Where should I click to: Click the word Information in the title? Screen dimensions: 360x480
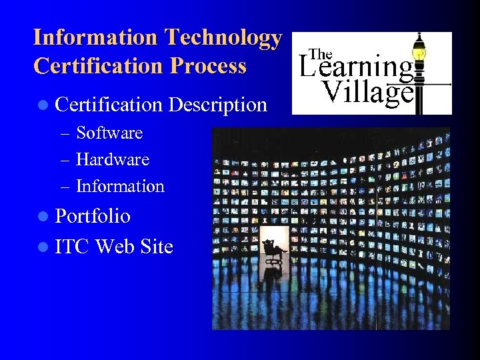[95, 38]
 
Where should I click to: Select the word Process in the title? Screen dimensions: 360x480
[208, 66]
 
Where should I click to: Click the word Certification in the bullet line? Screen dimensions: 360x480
[109, 105]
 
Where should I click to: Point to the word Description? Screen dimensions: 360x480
[218, 105]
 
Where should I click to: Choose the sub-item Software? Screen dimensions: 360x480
[109, 133]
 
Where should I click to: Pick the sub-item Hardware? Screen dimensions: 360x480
[113, 159]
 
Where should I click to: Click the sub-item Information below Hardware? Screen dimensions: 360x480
[120, 187]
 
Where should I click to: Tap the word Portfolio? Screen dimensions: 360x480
[93, 216]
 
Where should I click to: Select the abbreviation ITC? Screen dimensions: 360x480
[72, 247]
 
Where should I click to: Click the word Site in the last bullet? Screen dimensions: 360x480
[157, 247]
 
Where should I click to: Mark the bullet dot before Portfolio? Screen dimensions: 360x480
[43, 217]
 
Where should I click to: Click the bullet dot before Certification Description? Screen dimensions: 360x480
[43, 105]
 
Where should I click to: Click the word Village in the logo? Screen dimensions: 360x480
[367, 92]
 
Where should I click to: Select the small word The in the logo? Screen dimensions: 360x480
[321, 54]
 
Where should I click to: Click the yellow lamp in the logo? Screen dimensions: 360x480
[419, 50]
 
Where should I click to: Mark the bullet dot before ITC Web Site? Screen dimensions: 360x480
[43, 247]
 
